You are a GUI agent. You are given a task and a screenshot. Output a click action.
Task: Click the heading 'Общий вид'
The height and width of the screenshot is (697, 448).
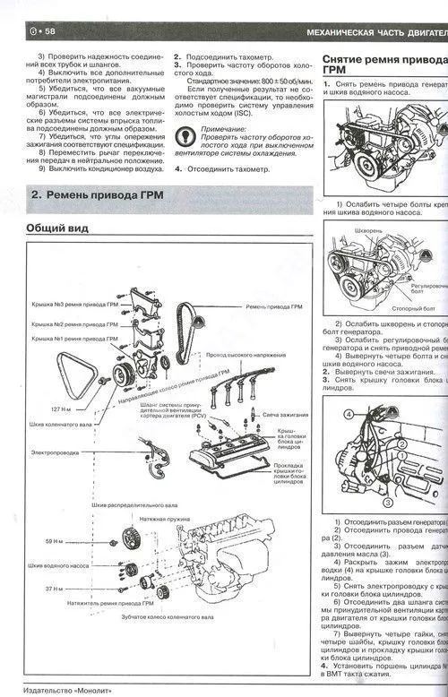coord(58,228)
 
